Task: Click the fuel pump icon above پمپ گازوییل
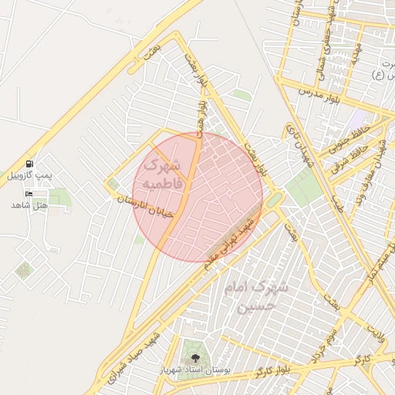[29, 164]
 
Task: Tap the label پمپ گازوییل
[29, 176]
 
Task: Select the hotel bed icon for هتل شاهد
[29, 193]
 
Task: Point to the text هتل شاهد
[29, 205]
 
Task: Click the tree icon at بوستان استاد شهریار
[193, 358]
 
